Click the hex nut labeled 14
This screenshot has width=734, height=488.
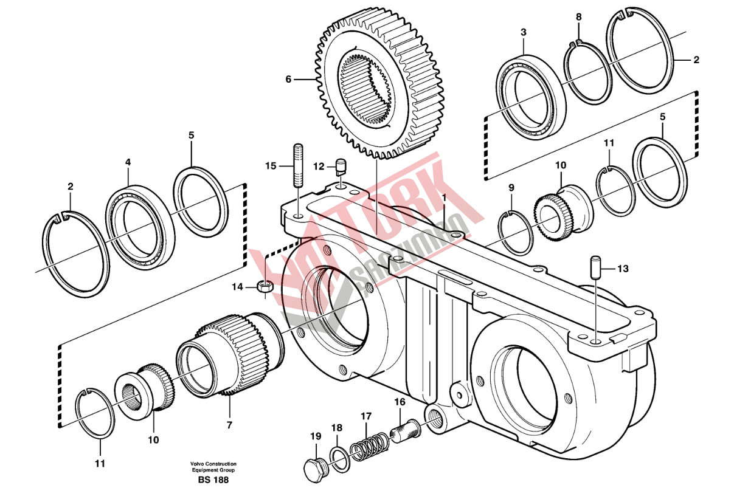pos(265,286)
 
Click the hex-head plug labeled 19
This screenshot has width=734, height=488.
pos(314,469)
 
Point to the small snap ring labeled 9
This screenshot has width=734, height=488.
pos(518,233)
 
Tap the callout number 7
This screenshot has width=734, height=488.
pos(229,425)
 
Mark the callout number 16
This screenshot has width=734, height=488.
pos(400,402)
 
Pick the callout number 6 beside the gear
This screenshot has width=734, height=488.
pos(289,79)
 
